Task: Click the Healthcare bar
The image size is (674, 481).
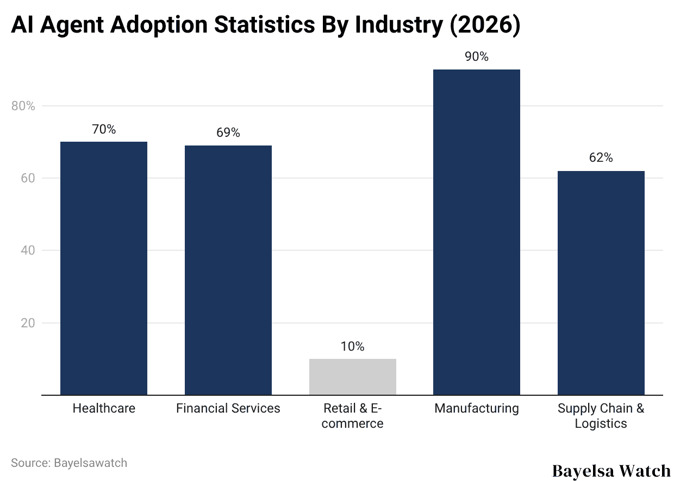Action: [104, 268]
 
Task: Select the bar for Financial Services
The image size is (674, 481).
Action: [228, 270]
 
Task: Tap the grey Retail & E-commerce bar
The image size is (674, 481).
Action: [352, 377]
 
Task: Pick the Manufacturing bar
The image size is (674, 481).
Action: [477, 232]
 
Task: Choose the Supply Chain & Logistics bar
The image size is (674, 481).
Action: [601, 283]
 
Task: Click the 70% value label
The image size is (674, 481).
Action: [104, 130]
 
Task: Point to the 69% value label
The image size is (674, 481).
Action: [228, 133]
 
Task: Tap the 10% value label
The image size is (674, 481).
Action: [352, 346]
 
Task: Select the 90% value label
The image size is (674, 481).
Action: [477, 57]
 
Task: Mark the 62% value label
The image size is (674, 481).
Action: [601, 158]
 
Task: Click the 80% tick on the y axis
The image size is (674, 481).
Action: [23, 106]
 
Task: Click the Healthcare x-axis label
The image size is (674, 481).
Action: [104, 408]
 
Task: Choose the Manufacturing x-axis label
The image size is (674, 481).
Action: [477, 408]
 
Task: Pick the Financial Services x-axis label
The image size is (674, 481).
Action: [228, 408]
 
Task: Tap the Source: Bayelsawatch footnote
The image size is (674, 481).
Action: [69, 463]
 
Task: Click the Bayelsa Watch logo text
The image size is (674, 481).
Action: [611, 470]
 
